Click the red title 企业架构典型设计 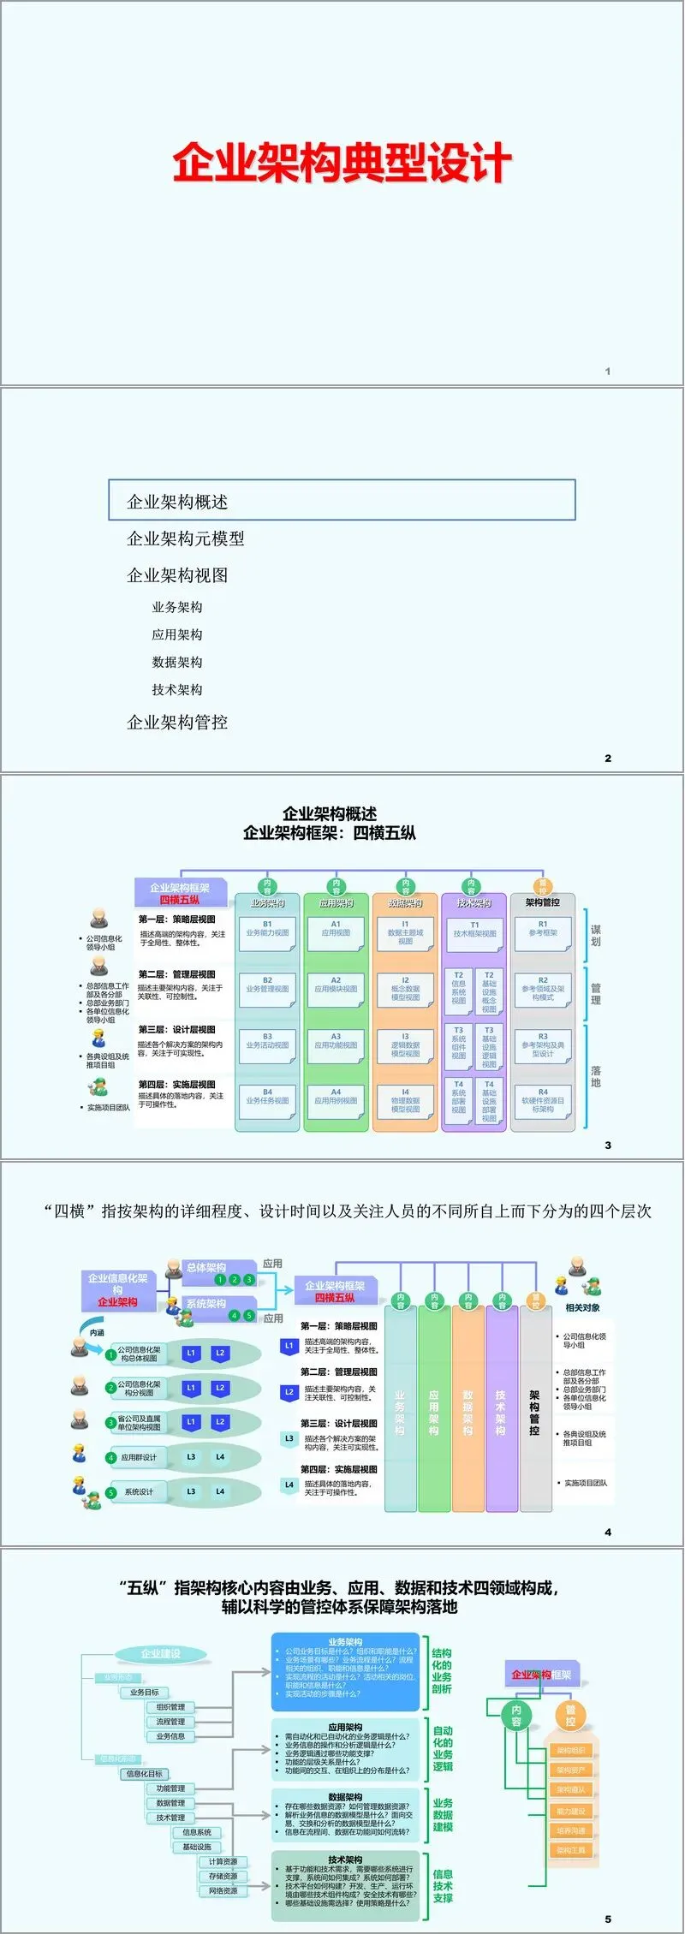click(342, 163)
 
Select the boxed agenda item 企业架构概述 click(342, 501)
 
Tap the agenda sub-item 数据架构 click(177, 662)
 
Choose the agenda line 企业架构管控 click(177, 722)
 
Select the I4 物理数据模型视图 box click(405, 1101)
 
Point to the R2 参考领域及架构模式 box click(543, 989)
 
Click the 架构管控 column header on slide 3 click(542, 902)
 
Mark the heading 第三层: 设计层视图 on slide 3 click(177, 1029)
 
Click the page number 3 click(608, 1145)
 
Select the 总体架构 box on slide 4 click(206, 1268)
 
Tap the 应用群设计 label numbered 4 click(139, 1456)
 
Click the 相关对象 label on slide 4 click(582, 1307)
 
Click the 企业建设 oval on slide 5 click(161, 1653)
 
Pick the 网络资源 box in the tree click(223, 1890)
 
